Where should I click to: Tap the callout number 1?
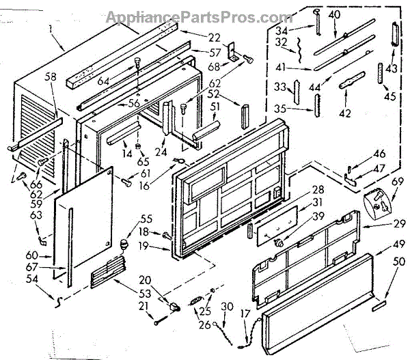[52, 29]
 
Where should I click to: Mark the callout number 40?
[334, 14]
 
